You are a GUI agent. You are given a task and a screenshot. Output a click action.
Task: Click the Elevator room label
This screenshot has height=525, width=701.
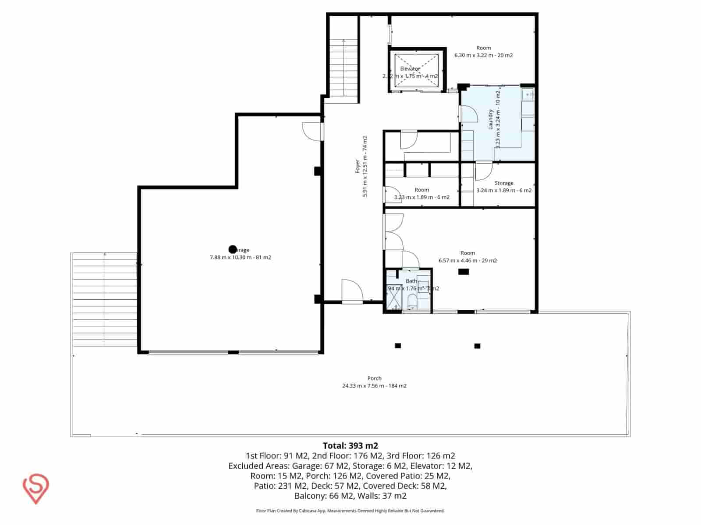410,69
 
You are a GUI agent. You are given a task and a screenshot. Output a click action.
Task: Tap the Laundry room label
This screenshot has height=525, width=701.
491,119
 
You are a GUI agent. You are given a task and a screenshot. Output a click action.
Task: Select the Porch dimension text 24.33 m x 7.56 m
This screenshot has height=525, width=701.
374,386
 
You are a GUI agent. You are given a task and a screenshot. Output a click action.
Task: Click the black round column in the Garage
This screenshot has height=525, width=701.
233,249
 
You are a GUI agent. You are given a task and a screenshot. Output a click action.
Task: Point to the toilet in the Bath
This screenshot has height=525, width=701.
412,301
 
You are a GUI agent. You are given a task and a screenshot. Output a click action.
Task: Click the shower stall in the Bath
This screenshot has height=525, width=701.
393,297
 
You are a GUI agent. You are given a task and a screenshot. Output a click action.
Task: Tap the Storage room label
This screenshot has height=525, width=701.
504,183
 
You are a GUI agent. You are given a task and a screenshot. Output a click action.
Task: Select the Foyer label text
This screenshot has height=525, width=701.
358,167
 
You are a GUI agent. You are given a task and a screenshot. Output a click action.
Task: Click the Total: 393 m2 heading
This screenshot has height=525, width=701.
350,446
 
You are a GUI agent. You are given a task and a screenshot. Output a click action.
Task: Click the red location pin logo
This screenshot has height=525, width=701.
35,488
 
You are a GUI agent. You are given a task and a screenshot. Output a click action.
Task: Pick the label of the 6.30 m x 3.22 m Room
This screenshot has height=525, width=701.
484,48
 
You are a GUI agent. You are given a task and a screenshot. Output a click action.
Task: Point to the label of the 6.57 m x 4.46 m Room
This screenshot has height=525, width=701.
467,253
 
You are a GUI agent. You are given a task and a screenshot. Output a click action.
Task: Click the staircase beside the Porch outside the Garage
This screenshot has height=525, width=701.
104,300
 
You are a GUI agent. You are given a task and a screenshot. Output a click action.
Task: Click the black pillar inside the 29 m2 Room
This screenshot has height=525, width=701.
463,272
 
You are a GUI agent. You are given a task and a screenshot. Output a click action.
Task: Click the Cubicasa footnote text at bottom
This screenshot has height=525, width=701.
350,511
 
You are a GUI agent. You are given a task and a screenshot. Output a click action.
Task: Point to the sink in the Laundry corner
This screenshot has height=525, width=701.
528,94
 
